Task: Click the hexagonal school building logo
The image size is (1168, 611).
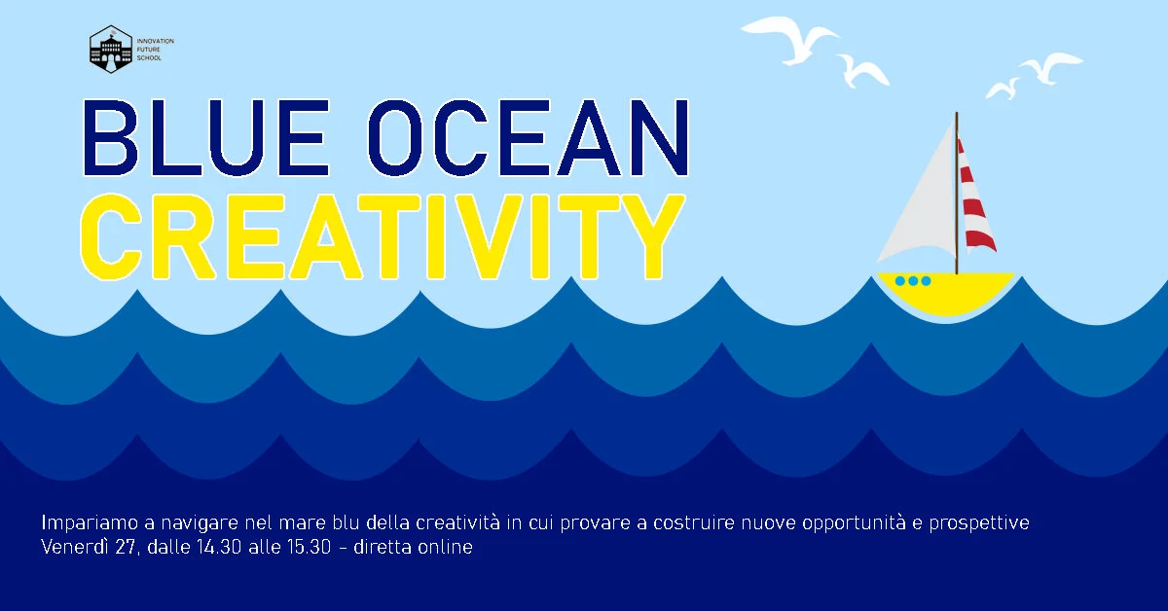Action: [x=110, y=49]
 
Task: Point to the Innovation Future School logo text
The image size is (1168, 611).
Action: [x=155, y=49]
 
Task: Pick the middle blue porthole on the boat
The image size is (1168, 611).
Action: [x=913, y=281]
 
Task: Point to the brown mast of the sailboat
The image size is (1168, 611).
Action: [x=956, y=195]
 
